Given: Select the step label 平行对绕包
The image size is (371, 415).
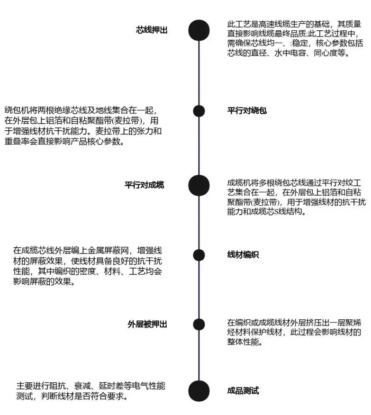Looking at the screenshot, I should pos(247,111).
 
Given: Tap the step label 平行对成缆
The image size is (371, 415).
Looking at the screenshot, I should pos(145,185).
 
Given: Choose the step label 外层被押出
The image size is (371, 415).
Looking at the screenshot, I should pos(147,324).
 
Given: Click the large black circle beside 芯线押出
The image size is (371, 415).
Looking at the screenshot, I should pos(199,30).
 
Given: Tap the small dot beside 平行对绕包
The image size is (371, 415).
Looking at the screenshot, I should pos(199,111).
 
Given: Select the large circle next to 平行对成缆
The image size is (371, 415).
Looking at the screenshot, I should pos(199,185).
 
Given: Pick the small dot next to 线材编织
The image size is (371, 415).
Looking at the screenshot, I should pos(199,255).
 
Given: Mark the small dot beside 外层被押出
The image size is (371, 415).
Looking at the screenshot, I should pos(199,325).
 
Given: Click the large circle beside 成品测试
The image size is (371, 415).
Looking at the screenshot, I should pos(199,391).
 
